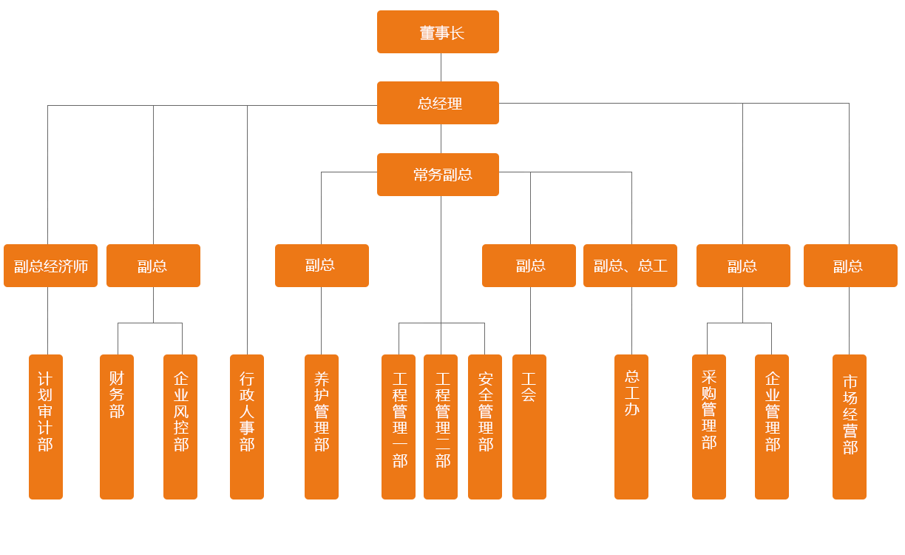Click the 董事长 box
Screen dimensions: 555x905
coord(438,32)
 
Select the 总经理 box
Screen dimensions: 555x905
coord(438,103)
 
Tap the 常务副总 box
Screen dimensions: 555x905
coord(438,175)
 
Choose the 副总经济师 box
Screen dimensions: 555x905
coord(50,266)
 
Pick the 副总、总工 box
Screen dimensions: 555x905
coord(630,266)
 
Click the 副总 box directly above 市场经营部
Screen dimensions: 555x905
coord(850,266)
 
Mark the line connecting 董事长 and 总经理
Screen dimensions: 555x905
coord(441,67)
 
